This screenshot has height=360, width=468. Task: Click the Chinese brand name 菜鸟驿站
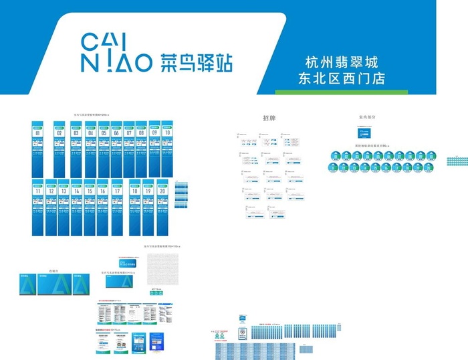(196, 63)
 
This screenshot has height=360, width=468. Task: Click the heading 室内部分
(367, 117)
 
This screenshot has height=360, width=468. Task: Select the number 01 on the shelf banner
(38, 134)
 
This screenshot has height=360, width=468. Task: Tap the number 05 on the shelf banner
(104, 134)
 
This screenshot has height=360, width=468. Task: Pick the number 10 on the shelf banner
(166, 133)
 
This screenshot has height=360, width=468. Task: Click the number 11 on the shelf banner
(38, 191)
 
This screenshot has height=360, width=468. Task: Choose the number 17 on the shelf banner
(117, 191)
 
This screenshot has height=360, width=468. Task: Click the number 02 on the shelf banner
(59, 134)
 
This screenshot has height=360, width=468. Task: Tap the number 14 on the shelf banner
(76, 191)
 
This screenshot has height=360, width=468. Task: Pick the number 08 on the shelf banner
(140, 134)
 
